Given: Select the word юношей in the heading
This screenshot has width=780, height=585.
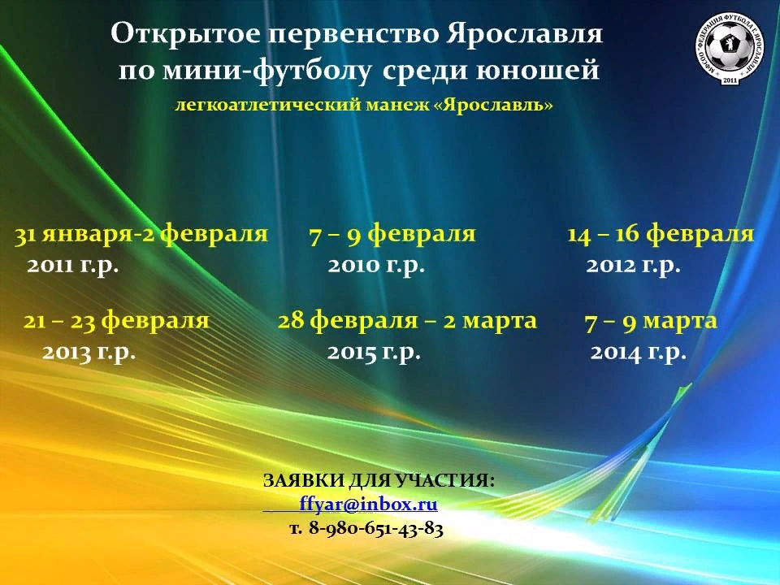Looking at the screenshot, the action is tap(537, 70).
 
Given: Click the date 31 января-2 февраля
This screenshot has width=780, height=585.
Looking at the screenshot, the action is tap(141, 234).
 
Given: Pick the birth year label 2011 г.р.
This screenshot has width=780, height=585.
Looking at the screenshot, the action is tap(73, 266).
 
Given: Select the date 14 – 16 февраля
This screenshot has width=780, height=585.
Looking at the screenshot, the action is tap(661, 234).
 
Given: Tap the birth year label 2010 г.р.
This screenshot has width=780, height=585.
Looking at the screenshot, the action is tap(376, 266).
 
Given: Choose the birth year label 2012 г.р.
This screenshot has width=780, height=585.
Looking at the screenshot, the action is tap(633, 266).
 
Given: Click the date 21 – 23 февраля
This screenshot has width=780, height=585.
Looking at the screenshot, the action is tap(116, 322).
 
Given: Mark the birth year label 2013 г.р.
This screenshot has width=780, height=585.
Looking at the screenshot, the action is tap(89, 353).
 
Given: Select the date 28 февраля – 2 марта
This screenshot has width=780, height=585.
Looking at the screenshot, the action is tap(407, 322).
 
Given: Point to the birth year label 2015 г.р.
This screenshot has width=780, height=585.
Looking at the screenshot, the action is tap(374, 353).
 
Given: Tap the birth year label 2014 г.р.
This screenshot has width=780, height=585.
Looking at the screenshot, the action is tap(639, 353).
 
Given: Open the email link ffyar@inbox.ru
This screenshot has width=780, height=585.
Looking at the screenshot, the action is tap(369, 505).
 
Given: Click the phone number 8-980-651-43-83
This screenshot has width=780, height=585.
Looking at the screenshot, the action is tap(376, 528).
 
